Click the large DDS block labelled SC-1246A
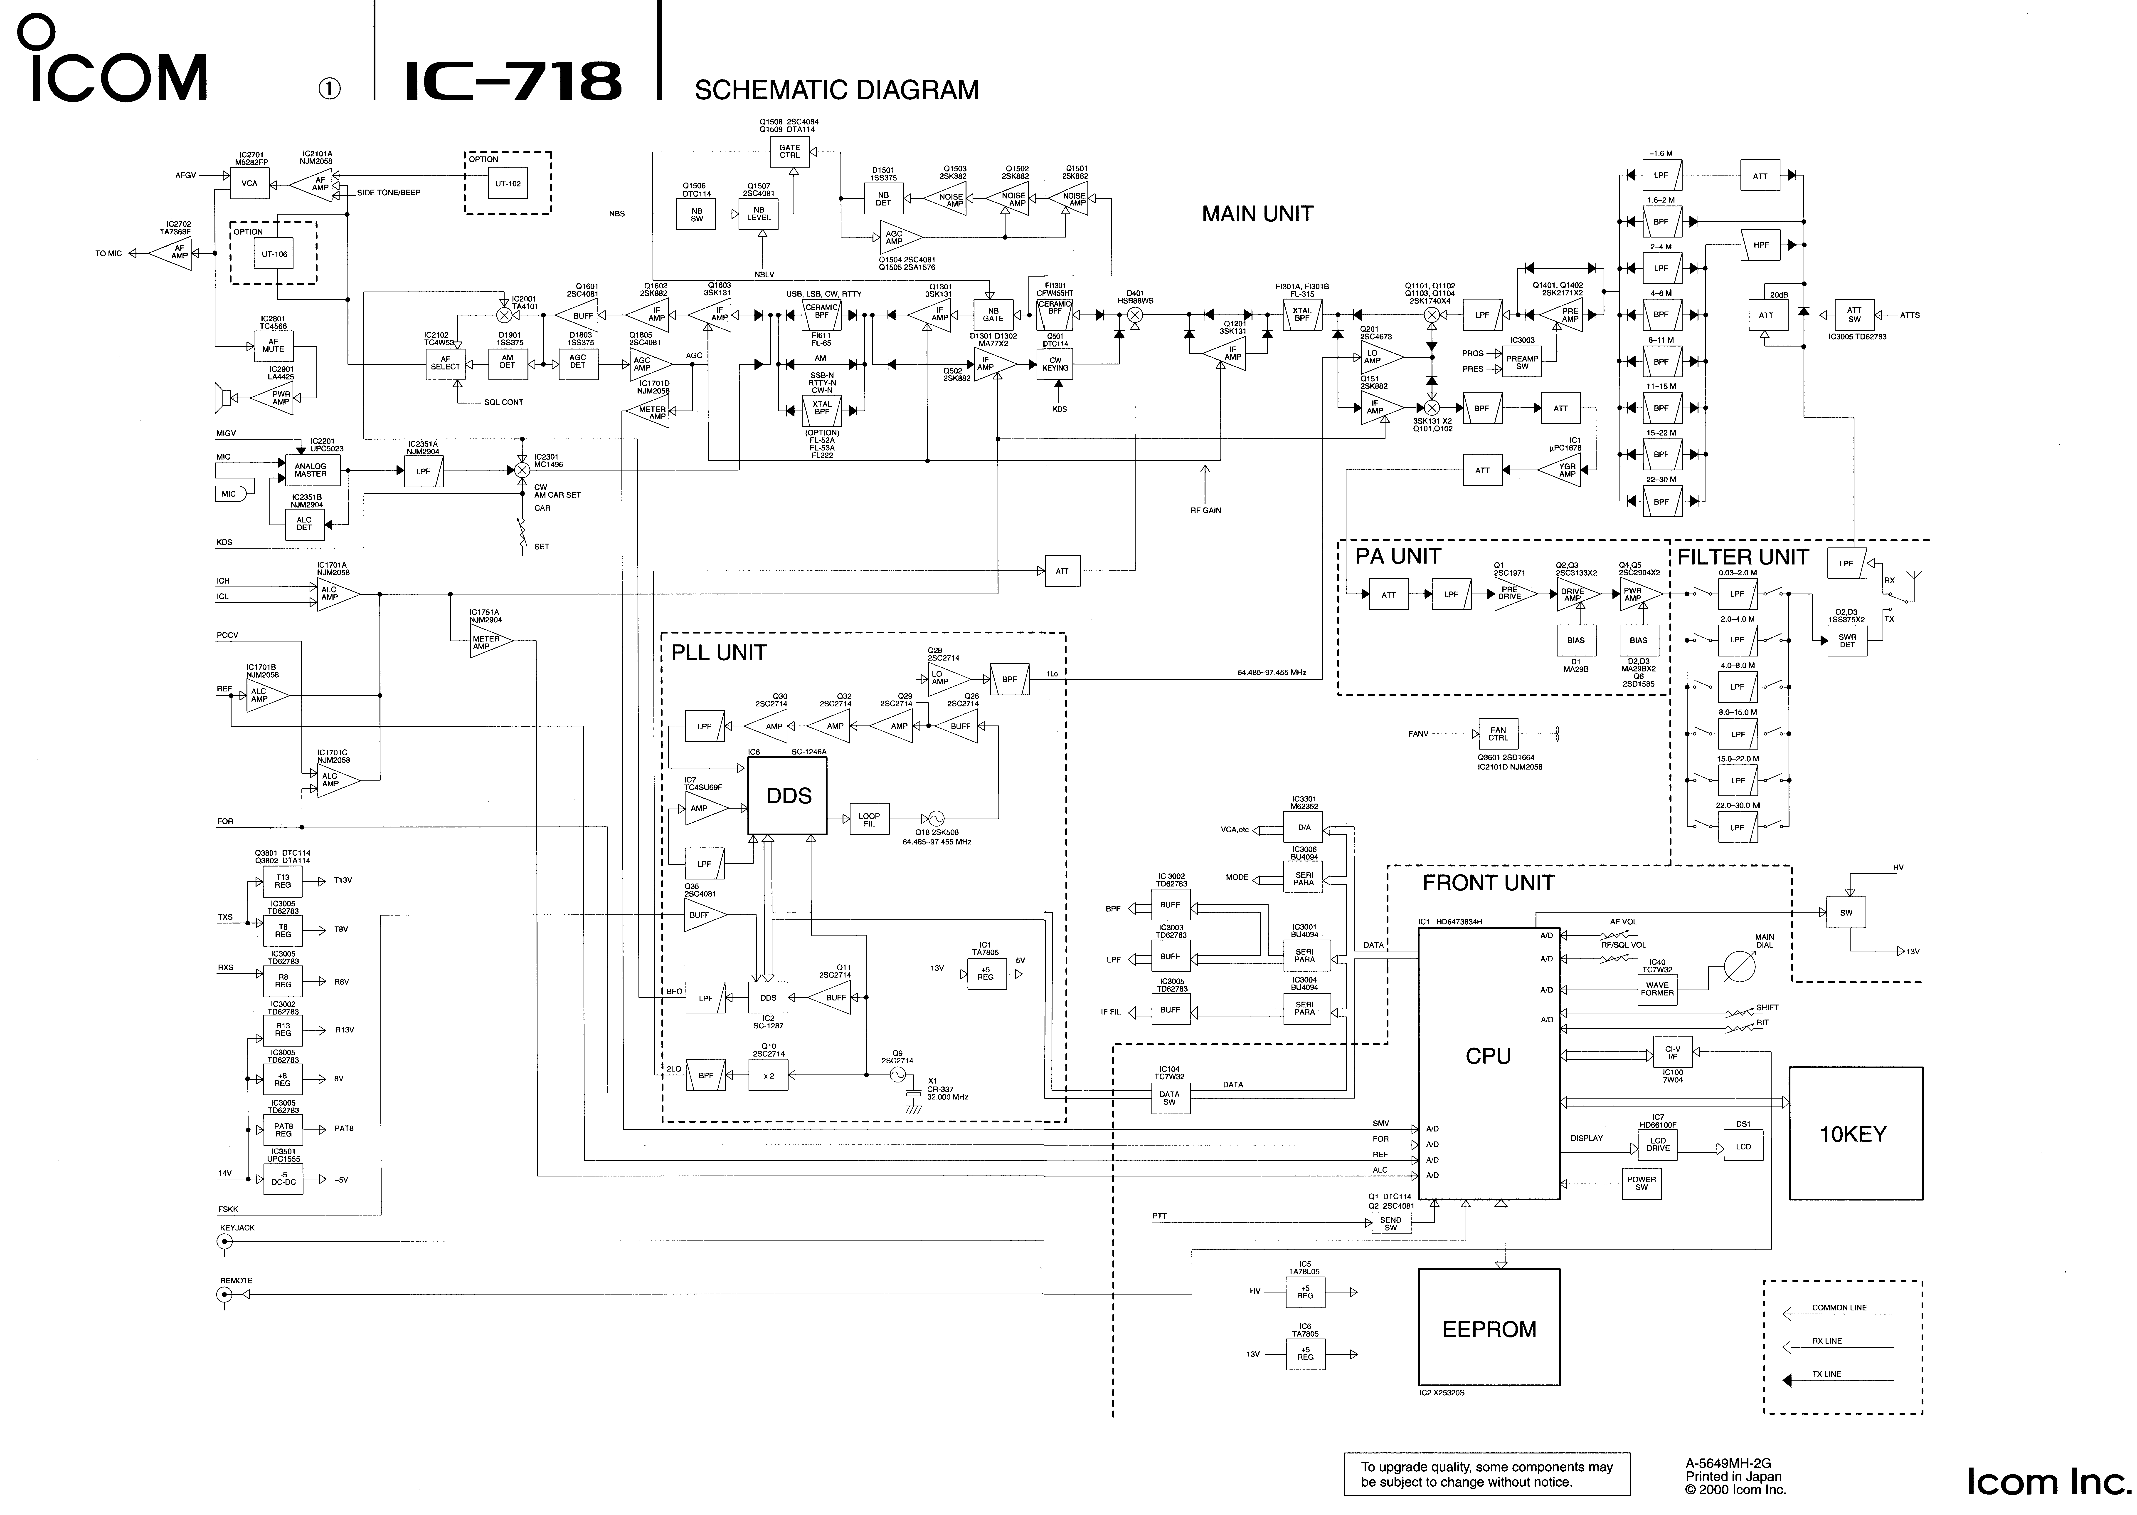pos(788,796)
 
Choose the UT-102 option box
pos(508,184)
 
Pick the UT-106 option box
pos(274,254)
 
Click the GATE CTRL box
pos(790,151)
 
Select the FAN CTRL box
pos(1497,734)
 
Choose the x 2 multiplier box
pos(768,1076)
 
